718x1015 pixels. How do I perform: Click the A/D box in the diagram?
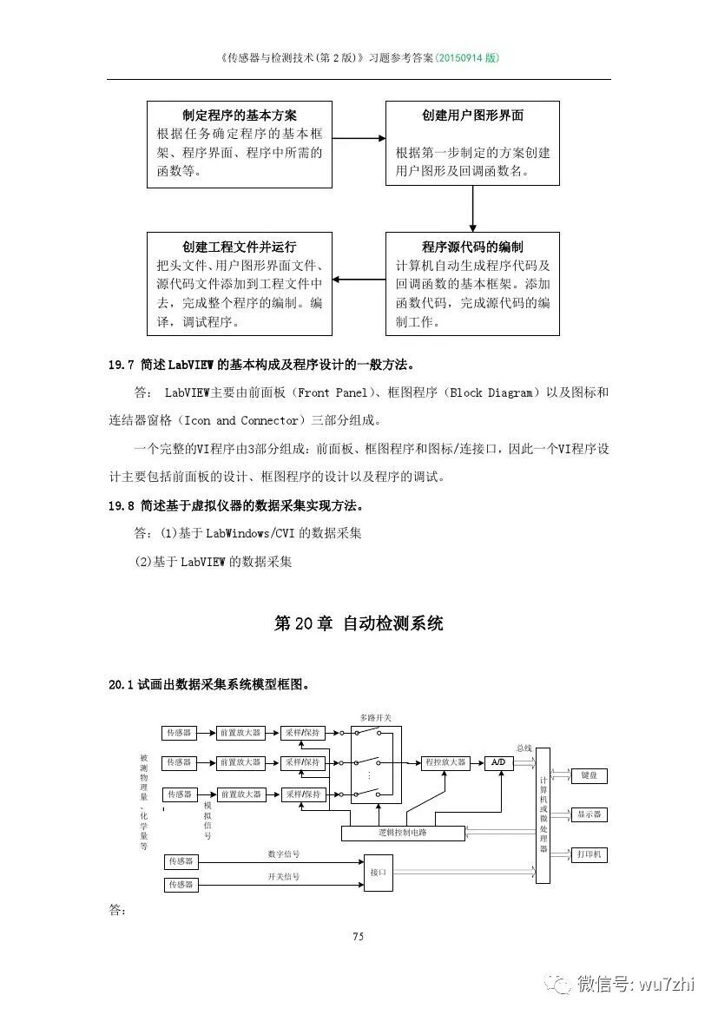[497, 762]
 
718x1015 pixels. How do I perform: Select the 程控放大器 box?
[445, 762]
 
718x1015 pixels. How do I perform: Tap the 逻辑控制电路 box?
[402, 833]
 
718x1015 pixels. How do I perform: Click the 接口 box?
[378, 872]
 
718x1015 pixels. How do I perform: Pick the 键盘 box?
[589, 775]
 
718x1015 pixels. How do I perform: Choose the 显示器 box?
[589, 814]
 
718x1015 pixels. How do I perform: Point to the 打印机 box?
[589, 855]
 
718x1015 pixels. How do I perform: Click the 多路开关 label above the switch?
[375, 718]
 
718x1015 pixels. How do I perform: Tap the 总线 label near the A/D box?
[524, 748]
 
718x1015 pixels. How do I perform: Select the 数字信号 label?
[283, 854]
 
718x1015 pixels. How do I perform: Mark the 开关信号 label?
[283, 877]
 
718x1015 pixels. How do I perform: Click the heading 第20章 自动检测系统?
[358, 623]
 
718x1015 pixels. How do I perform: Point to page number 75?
[358, 936]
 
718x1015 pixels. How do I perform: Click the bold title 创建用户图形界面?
[472, 115]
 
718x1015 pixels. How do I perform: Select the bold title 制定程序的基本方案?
[240, 115]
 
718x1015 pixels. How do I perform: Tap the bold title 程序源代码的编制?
[472, 247]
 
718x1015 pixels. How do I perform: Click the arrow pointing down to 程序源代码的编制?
[472, 208]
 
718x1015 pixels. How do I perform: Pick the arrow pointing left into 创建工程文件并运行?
[359, 280]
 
